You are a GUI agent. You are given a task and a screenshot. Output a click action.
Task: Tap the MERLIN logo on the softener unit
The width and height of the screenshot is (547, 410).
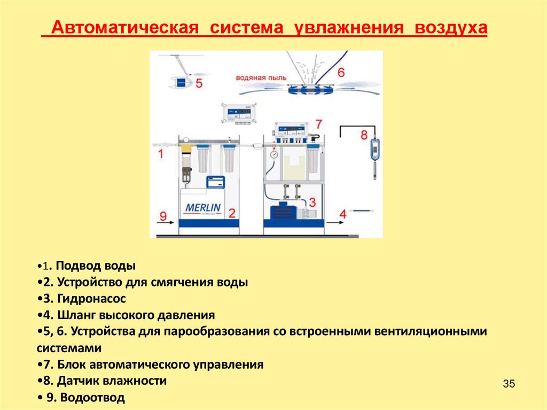(203, 207)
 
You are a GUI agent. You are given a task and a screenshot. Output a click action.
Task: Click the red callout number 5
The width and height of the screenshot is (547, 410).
(199, 83)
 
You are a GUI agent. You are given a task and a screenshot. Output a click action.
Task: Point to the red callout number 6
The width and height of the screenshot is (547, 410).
(341, 72)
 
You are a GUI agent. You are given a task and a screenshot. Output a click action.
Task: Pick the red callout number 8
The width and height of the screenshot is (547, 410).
(364, 134)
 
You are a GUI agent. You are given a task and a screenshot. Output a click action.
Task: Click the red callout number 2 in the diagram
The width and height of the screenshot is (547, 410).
(232, 213)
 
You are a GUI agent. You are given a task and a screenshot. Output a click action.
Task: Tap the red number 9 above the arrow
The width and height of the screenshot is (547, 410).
(163, 216)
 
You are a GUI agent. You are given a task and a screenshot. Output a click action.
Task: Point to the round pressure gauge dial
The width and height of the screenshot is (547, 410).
(274, 154)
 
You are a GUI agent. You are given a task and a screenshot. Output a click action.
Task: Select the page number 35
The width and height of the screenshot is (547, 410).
(509, 384)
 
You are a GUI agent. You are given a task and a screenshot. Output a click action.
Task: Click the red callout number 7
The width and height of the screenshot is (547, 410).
(319, 124)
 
